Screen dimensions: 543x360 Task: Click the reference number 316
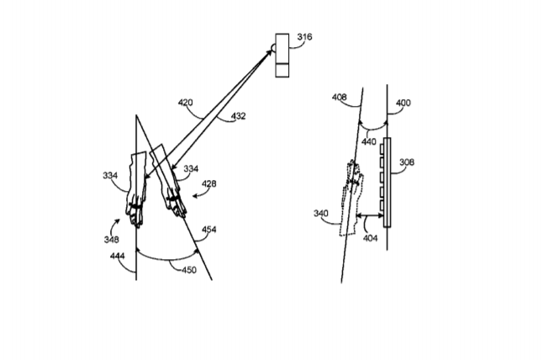[x=304, y=37]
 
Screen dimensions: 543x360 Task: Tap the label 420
[x=185, y=103]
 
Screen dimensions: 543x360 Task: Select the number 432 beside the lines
[x=238, y=116]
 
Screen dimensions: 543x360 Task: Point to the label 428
[x=208, y=183]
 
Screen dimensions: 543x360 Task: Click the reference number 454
[x=208, y=230]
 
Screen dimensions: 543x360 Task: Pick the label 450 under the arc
[x=189, y=269]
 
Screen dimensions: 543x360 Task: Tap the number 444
[x=118, y=256]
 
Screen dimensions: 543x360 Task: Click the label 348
[x=111, y=239]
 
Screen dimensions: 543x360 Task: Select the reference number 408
[x=339, y=97]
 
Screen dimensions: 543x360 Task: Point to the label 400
[x=403, y=103]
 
